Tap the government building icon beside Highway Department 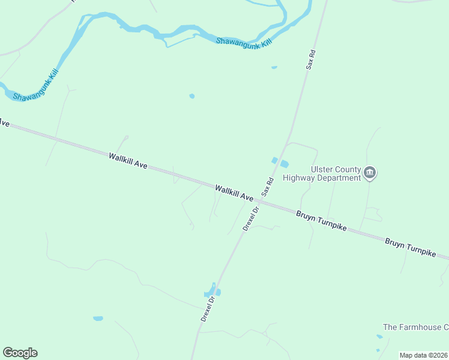pyautogui.click(x=370, y=174)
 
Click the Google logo pyautogui.click(x=20, y=353)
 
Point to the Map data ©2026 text pyautogui.click(x=423, y=355)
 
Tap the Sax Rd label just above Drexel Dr pyautogui.click(x=268, y=186)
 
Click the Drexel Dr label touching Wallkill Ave pyautogui.click(x=250, y=218)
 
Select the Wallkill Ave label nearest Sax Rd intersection pyautogui.click(x=234, y=193)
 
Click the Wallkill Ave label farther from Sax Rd pyautogui.click(x=128, y=161)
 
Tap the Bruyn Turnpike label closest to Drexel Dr pyautogui.click(x=321, y=221)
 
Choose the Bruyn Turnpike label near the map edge pyautogui.click(x=410, y=247)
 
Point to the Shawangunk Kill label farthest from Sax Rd pyautogui.click(x=35, y=88)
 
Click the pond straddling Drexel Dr pyautogui.click(x=212, y=292)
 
